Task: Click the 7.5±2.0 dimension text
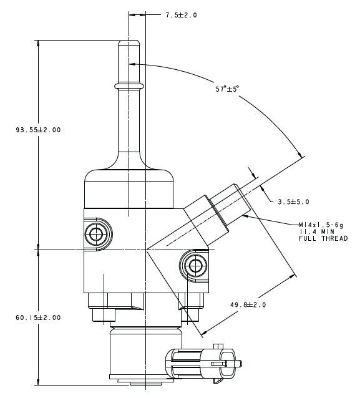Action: (x=181, y=15)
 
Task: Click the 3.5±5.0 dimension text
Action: (x=293, y=201)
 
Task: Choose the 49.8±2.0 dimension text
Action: (x=248, y=304)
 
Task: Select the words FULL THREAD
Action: (x=323, y=238)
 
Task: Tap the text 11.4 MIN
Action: (x=317, y=231)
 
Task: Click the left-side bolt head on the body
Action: (x=96, y=235)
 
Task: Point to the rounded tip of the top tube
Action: (x=129, y=43)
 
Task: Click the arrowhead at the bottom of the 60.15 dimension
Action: (x=39, y=381)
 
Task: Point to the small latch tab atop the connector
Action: (x=218, y=346)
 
